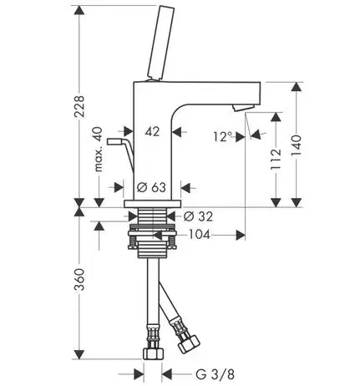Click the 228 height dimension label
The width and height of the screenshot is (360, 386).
[79, 106]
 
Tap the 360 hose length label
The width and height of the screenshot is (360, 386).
[79, 279]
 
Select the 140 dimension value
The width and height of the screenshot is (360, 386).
[297, 145]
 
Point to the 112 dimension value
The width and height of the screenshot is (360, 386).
[276, 160]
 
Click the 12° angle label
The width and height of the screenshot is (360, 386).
[223, 137]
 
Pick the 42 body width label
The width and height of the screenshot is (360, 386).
[152, 131]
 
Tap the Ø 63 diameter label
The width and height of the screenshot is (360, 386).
[152, 187]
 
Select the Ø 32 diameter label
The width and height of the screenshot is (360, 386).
[198, 216]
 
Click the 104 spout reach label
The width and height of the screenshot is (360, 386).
[200, 235]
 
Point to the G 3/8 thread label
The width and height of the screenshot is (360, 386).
[215, 374]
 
